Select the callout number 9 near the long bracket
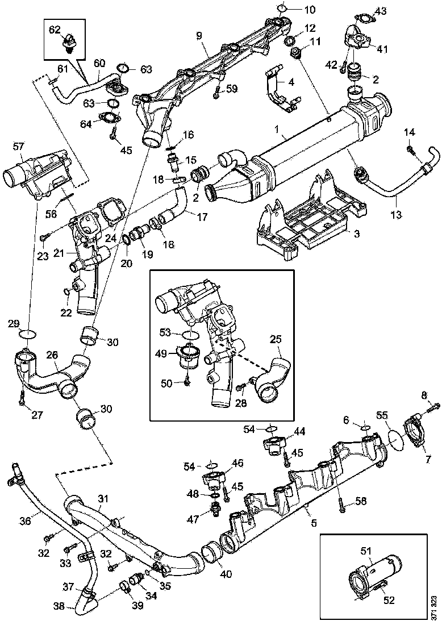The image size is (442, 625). (x=199, y=36)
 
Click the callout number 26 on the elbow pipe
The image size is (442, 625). (x=52, y=355)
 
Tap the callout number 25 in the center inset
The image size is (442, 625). (x=276, y=339)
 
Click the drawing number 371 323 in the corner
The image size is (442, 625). (x=434, y=607)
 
